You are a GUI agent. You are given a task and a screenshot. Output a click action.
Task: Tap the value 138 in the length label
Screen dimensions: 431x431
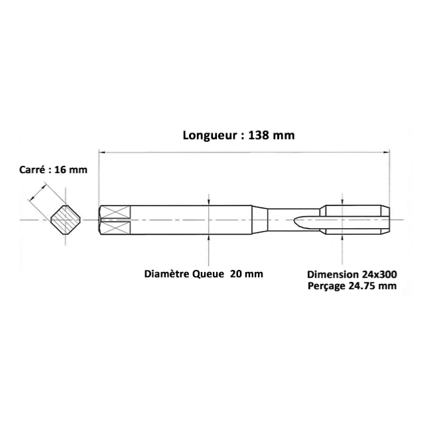pyautogui.click(x=258, y=135)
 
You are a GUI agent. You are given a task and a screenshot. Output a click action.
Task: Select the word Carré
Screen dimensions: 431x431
pyautogui.click(x=32, y=170)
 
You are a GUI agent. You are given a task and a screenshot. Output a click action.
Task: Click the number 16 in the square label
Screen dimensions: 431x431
pyautogui.click(x=60, y=170)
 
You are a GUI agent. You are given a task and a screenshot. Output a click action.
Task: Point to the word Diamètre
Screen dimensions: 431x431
pyautogui.click(x=166, y=274)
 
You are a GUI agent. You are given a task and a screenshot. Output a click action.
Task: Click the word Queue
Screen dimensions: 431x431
pyautogui.click(x=208, y=274)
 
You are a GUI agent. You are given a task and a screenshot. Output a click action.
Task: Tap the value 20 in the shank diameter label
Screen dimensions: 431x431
pyautogui.click(x=235, y=274)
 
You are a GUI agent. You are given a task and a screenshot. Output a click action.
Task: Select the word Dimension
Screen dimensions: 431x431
pyautogui.click(x=333, y=275)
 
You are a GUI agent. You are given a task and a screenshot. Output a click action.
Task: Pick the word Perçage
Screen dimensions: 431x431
pyautogui.click(x=326, y=286)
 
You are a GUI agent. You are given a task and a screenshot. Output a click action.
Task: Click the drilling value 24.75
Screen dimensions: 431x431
pyautogui.click(x=362, y=286)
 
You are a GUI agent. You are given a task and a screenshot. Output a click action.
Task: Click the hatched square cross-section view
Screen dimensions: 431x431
pyautogui.click(x=66, y=220)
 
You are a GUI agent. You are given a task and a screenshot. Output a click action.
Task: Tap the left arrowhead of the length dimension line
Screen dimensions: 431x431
pyautogui.click(x=102, y=152)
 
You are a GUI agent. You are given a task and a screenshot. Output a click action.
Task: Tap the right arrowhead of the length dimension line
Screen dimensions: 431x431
pyautogui.click(x=386, y=152)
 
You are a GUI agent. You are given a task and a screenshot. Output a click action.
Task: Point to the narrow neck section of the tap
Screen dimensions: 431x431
pyautogui.click(x=294, y=220)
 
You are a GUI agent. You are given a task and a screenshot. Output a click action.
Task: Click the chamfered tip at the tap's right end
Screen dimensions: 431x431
pyautogui.click(x=385, y=220)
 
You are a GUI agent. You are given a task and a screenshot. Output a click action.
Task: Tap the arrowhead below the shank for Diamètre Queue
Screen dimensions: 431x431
pyautogui.click(x=209, y=238)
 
